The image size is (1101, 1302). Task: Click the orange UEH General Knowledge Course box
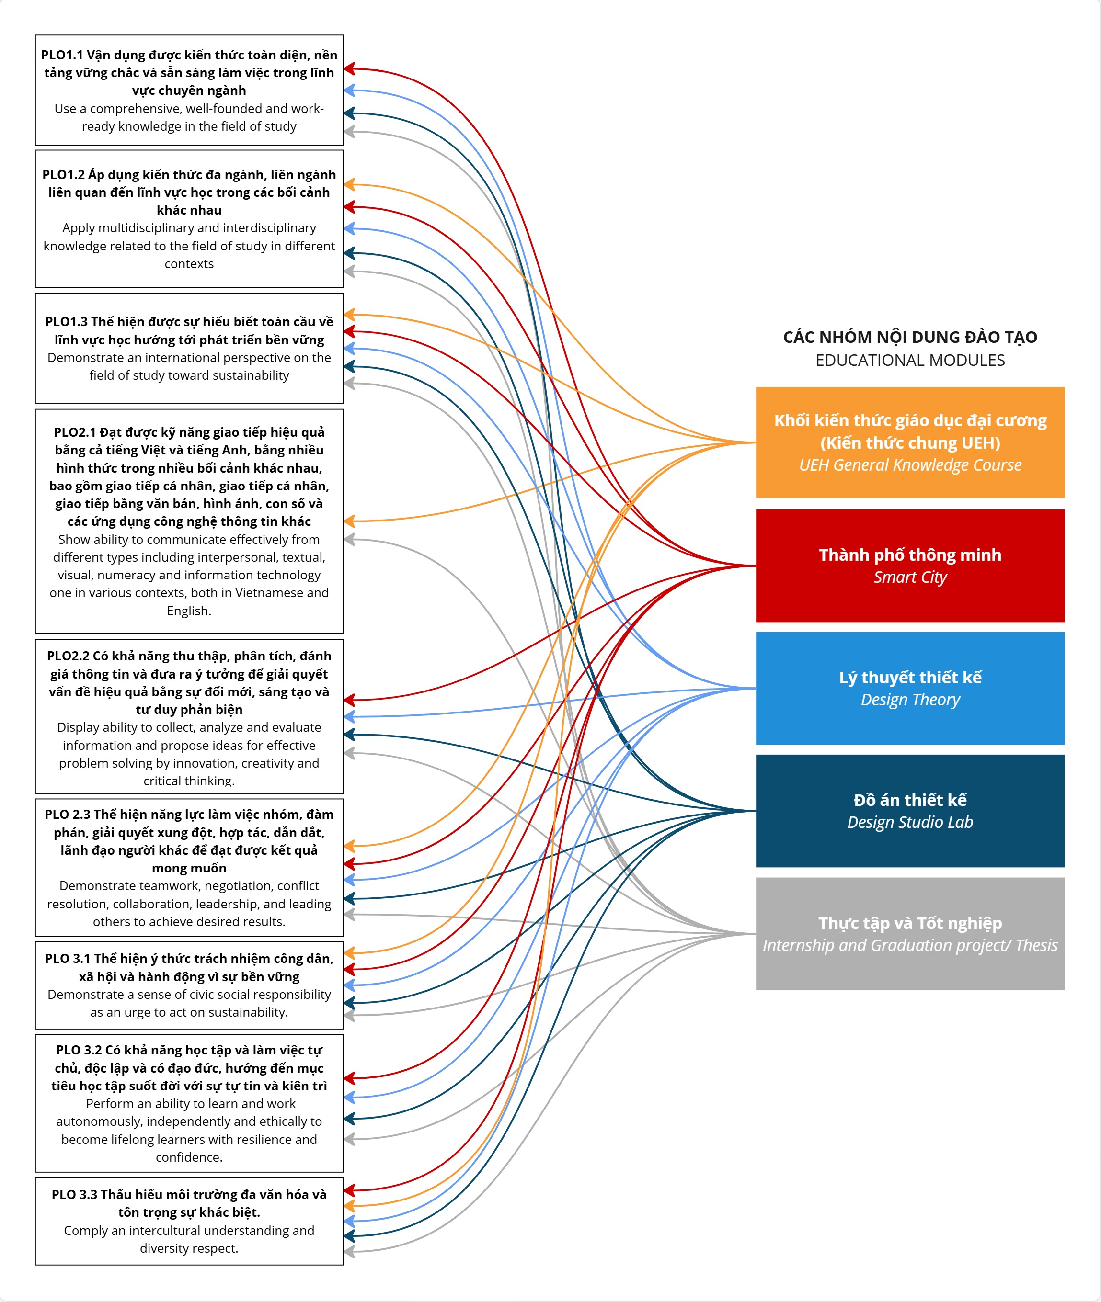pos(909,442)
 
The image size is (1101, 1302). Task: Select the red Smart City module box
pos(909,565)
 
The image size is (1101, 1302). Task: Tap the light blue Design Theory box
pos(909,688)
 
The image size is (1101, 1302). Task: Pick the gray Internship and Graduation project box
pos(909,933)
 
